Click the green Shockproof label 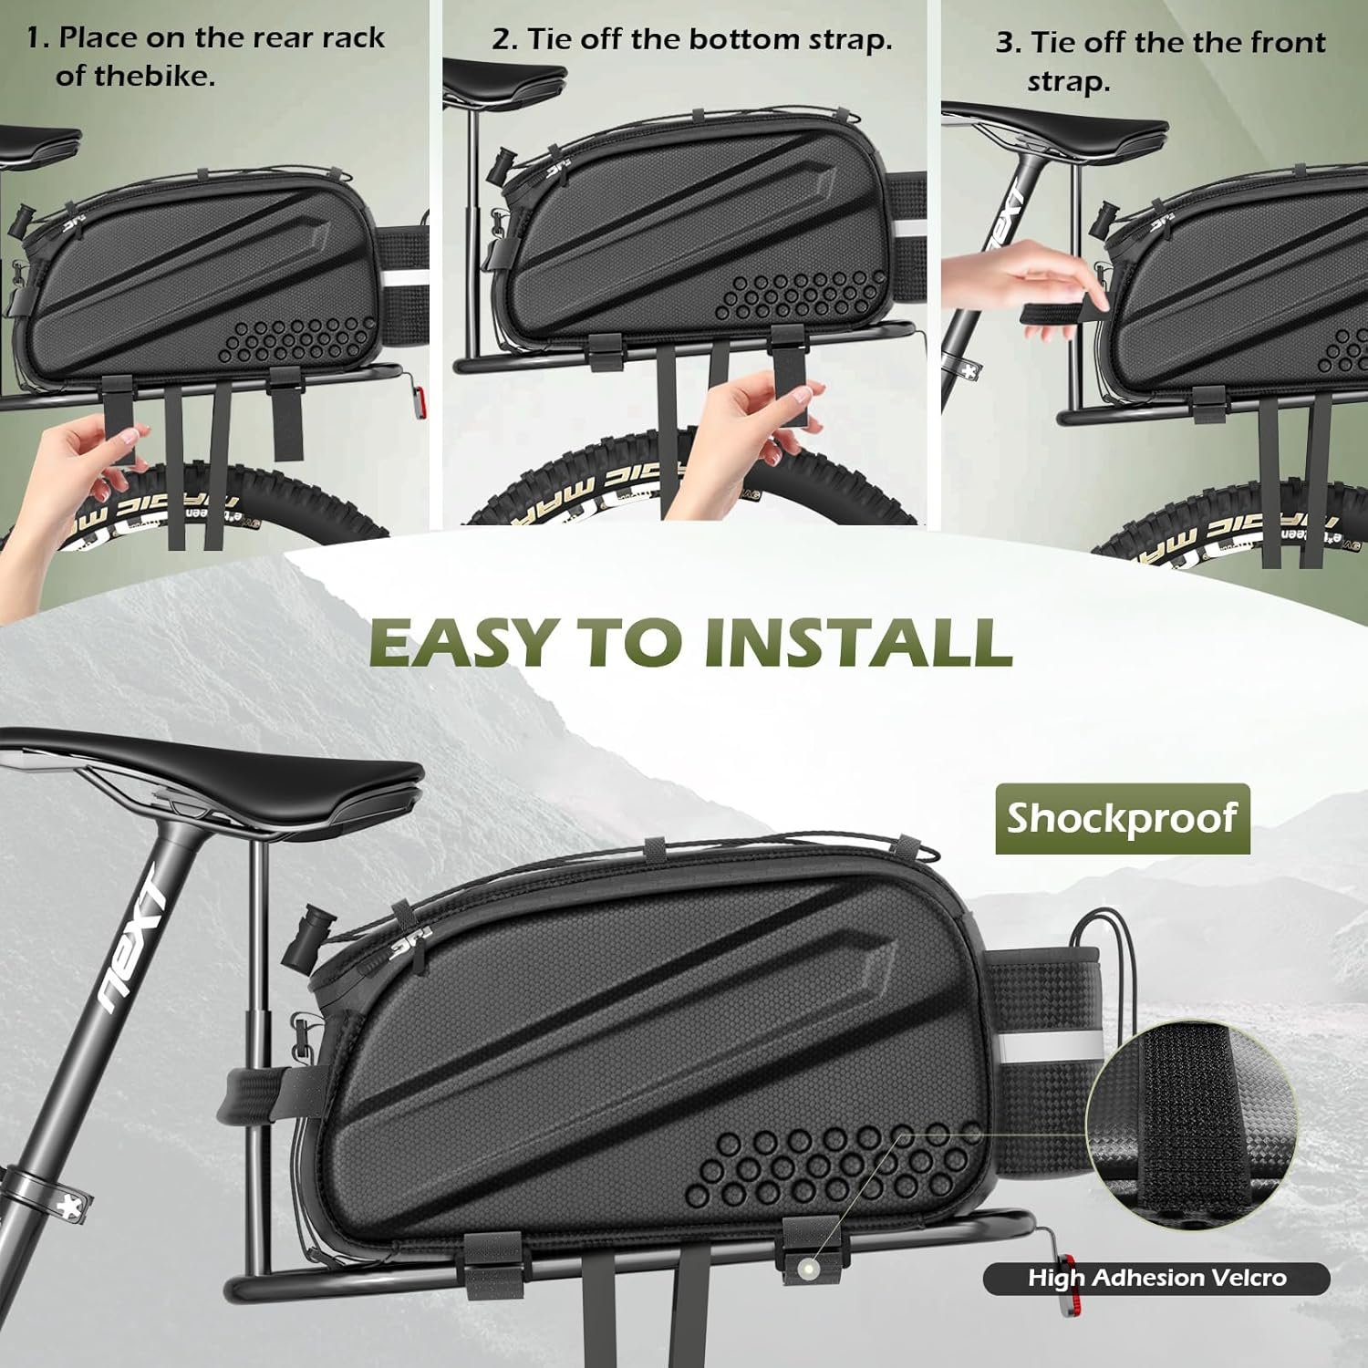(1122, 818)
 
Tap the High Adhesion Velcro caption (1156, 1278)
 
